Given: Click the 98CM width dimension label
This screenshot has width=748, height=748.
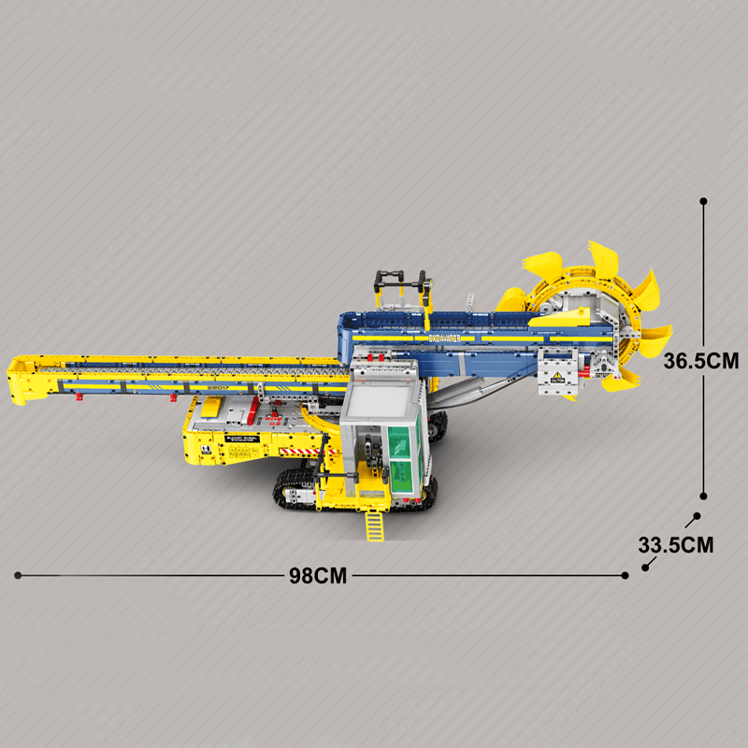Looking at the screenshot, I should coord(318,576).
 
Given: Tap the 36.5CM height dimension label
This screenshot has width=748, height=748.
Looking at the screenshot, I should coord(701,361).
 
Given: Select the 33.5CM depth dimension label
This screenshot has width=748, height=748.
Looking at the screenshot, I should coord(676,543).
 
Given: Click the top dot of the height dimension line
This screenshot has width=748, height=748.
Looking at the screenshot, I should coord(703,201).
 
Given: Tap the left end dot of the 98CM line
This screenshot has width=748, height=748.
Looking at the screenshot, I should coord(17,576).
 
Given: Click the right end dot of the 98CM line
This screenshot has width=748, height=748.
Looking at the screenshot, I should coord(626,576).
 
